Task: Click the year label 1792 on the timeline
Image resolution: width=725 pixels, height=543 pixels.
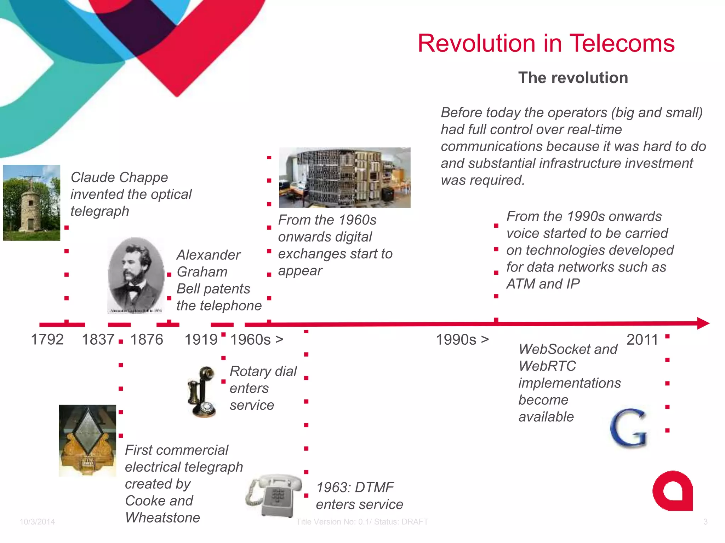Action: click(x=47, y=339)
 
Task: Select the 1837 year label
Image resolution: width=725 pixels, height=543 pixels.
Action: click(x=98, y=339)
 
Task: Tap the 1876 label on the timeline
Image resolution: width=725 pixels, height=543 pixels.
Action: click(x=147, y=339)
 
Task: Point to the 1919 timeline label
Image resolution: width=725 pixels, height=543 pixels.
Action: click(x=201, y=339)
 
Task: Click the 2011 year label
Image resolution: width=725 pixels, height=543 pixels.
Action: click(x=642, y=339)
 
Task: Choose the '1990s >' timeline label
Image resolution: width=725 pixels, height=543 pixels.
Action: click(x=462, y=339)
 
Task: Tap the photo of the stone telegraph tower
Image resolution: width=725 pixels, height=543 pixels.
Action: click(x=32, y=203)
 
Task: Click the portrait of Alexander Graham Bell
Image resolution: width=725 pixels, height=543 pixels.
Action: click(x=136, y=275)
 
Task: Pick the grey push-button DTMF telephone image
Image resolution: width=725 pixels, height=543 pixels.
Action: click(x=275, y=495)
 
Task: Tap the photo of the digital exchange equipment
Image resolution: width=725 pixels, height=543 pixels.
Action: click(x=344, y=177)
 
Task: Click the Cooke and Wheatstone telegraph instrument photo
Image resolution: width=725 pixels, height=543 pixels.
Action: click(x=87, y=440)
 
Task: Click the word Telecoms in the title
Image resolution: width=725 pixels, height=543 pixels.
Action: click(x=622, y=43)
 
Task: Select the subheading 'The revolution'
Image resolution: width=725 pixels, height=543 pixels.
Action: click(x=573, y=78)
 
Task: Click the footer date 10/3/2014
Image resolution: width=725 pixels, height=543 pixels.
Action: click(x=37, y=522)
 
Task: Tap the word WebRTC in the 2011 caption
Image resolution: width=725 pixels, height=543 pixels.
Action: click(x=547, y=366)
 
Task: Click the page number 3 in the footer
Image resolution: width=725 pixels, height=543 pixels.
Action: click(x=705, y=522)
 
